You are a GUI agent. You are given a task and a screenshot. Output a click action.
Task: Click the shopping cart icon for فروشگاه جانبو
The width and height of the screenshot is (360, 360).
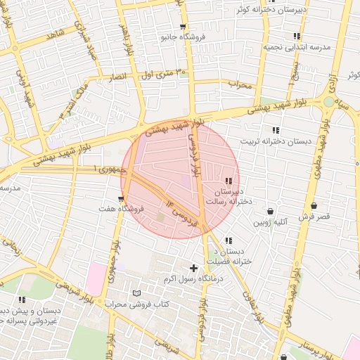[183, 27]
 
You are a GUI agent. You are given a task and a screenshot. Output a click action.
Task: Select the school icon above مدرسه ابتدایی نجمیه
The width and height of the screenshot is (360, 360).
[297, 35]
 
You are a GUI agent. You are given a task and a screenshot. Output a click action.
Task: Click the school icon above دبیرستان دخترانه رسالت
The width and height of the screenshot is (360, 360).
[229, 181]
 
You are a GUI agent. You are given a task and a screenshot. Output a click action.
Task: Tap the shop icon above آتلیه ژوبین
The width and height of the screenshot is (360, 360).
[271, 211]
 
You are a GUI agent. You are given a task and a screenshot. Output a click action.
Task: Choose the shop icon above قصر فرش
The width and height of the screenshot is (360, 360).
[314, 206]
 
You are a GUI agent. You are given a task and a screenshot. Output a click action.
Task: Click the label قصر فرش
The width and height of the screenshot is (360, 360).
[314, 217]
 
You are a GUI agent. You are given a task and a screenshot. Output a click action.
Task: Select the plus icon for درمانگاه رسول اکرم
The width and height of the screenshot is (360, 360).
[193, 268]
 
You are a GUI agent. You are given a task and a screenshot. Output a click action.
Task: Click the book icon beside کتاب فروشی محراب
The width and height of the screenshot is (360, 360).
[136, 293]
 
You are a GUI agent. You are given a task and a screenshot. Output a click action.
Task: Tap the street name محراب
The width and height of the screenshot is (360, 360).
[240, 84]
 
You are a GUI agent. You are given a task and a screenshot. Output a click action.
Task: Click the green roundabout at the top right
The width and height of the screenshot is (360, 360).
[328, 102]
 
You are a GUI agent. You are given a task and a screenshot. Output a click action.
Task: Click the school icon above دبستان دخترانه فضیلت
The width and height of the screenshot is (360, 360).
[228, 240]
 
